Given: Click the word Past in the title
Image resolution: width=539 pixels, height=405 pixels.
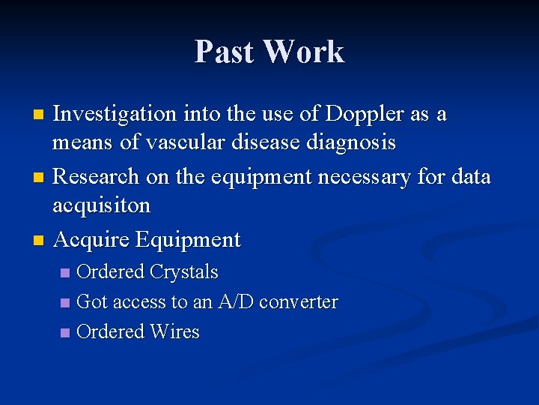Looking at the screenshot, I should [225, 52].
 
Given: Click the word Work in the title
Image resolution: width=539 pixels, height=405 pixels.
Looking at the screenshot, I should [304, 52].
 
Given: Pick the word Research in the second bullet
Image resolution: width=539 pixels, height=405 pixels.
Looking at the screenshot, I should [97, 177].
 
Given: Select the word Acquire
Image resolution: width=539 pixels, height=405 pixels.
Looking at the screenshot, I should [91, 240].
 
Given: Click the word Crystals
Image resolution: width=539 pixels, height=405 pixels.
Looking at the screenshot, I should [184, 271].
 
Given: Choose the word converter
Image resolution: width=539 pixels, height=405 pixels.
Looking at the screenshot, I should [298, 302].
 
